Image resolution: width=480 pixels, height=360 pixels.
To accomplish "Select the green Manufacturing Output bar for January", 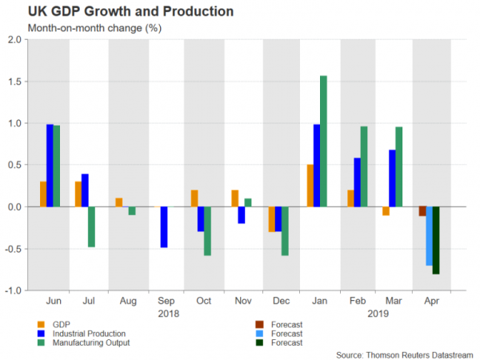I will pos(323,141).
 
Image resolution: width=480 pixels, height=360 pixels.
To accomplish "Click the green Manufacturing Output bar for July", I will pos(93,226).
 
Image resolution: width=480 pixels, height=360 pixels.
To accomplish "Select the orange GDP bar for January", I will pos(310,186).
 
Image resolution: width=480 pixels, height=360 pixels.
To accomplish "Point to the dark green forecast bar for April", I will pos(436,240).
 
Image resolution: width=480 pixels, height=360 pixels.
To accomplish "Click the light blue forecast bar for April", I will pos(429,236).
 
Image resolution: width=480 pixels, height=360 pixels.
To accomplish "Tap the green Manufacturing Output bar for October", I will pos(208,230).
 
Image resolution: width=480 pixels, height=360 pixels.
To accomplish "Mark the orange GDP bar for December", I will pos(272,218).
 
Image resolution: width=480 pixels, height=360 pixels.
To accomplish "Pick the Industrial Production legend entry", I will pos(88,333).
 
